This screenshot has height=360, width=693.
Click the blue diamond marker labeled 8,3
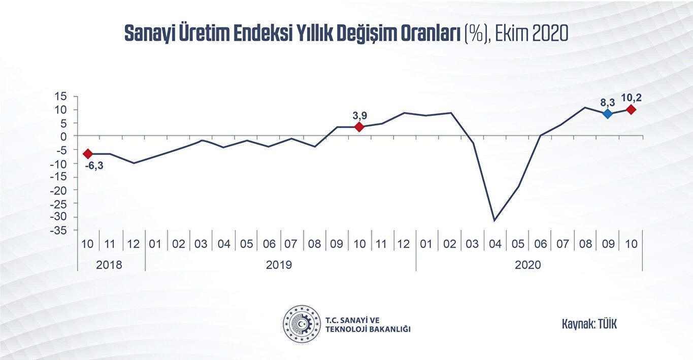click(x=608, y=114)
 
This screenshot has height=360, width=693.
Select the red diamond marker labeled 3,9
click(x=359, y=126)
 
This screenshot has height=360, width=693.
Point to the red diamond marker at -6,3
click(x=88, y=153)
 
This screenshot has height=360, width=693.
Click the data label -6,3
click(x=93, y=166)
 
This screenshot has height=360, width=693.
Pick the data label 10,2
click(x=631, y=97)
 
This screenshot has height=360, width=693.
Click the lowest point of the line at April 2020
click(x=494, y=220)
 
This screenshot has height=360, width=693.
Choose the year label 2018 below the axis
click(x=110, y=265)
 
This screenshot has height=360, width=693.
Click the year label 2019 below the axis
click(x=279, y=265)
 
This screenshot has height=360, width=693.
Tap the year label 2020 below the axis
click(x=528, y=265)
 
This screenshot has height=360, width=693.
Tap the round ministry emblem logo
click(x=302, y=323)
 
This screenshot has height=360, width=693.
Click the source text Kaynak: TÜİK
click(x=589, y=324)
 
